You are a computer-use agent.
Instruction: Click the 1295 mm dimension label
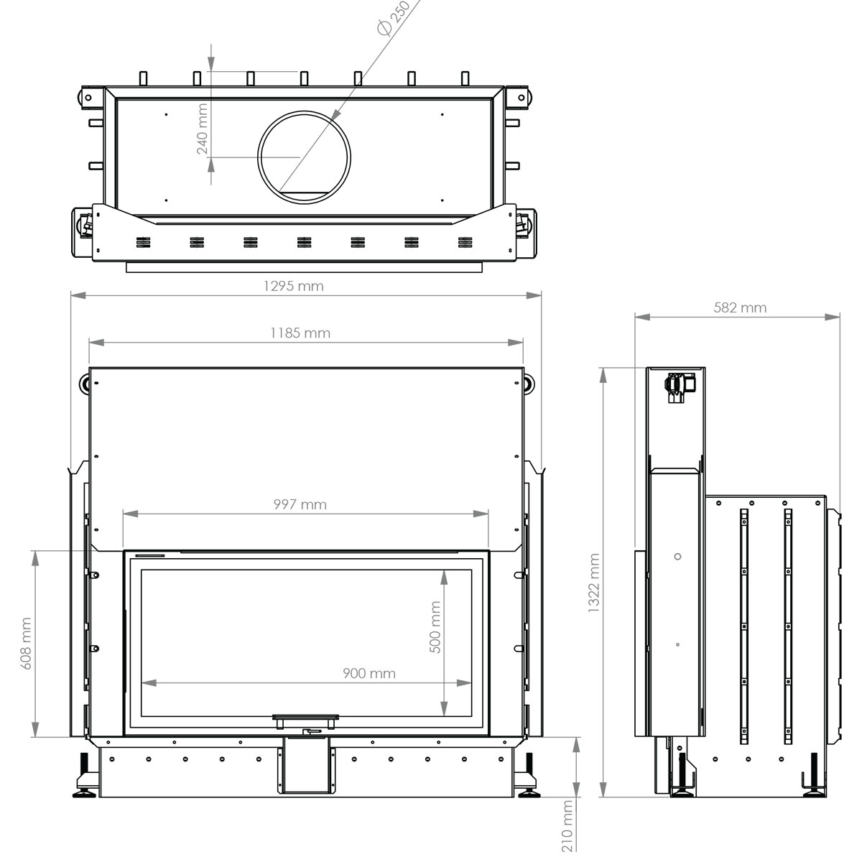tap(294, 287)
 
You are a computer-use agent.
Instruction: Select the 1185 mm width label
tap(300, 333)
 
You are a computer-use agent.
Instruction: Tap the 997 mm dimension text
tap(300, 504)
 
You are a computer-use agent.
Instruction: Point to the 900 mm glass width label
tap(369, 674)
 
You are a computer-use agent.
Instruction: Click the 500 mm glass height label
tap(435, 626)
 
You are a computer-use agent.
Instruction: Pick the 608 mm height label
tap(26, 643)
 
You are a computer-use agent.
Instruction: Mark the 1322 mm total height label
tap(593, 583)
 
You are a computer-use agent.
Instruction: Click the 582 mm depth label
tap(740, 307)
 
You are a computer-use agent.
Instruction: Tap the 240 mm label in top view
tap(202, 129)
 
